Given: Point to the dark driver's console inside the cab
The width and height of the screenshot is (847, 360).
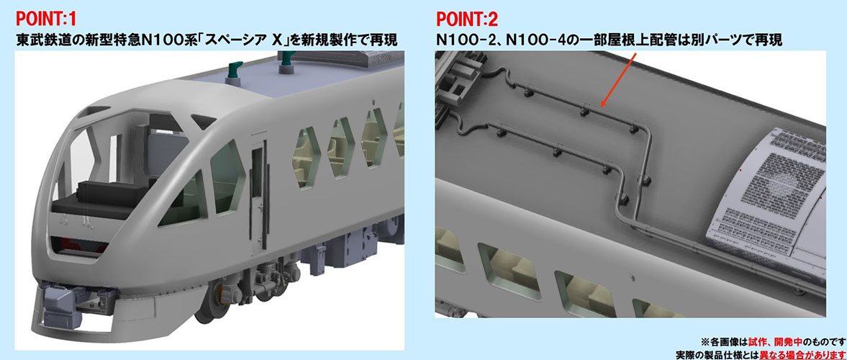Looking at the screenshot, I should pos(108,193).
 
